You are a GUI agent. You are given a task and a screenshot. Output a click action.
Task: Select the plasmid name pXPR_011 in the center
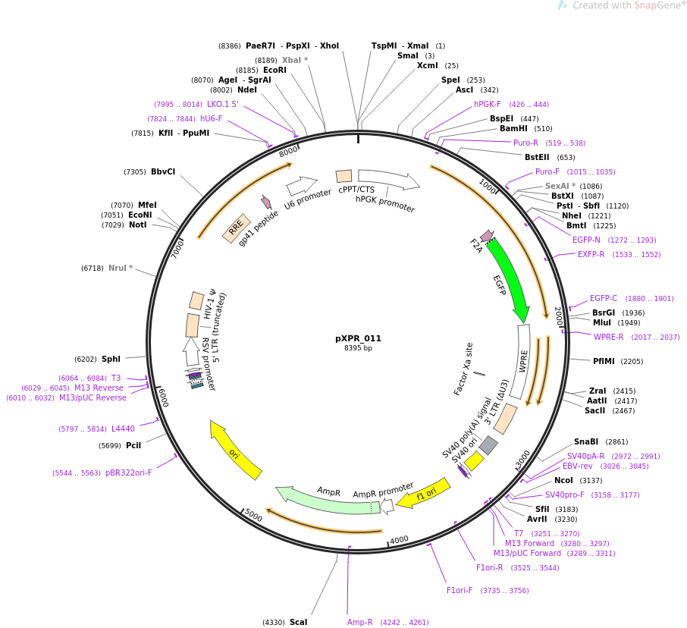(358, 339)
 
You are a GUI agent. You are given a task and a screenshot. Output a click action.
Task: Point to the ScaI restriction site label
(298, 623)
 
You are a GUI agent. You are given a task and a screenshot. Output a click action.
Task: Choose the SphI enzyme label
(111, 359)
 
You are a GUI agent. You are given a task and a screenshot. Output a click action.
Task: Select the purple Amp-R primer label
(359, 623)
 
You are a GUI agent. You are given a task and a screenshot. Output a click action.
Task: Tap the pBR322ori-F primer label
(128, 473)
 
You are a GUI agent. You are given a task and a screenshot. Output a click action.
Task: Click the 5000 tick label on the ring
(253, 517)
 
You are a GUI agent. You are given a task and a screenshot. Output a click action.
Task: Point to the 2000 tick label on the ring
(558, 316)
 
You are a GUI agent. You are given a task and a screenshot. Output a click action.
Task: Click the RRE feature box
(236, 228)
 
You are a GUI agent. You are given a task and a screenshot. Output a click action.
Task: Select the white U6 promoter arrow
(301, 186)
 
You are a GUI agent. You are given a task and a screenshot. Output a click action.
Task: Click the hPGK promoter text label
(385, 204)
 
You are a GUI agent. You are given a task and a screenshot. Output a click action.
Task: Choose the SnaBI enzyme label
(585, 441)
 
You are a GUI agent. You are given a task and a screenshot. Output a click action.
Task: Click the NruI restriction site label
(120, 268)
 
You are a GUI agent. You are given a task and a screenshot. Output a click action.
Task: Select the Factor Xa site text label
(463, 369)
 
